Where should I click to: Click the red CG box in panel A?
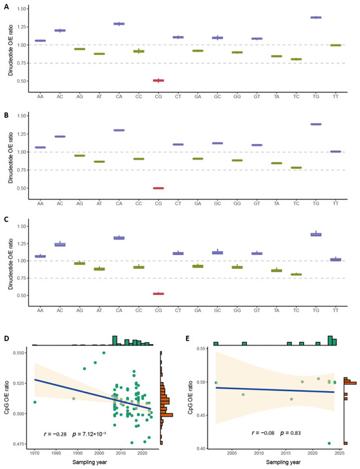[x=158, y=80]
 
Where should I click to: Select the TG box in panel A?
[x=316, y=18]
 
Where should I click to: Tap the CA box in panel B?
[x=119, y=130]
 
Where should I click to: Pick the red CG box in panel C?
[x=158, y=294]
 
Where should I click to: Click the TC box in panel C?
[x=297, y=274]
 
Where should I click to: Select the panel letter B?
[x=6, y=115]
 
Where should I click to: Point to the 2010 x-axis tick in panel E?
[x=259, y=453]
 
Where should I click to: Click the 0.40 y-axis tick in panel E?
[x=203, y=448]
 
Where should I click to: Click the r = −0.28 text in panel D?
[x=55, y=434]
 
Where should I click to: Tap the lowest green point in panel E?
[x=329, y=443]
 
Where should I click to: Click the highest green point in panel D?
[x=104, y=353]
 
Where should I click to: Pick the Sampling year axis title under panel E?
[x=283, y=462]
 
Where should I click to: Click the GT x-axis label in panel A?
[x=257, y=97]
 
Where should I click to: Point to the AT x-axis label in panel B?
[x=99, y=203]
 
